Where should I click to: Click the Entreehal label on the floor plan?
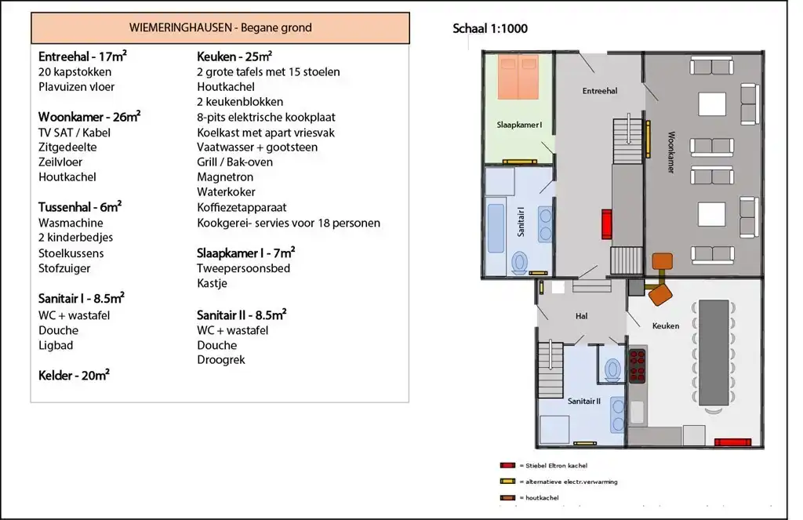click(600, 91)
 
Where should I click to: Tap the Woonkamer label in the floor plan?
click(671, 152)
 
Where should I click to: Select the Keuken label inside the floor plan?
click(666, 325)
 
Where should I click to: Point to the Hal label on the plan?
click(581, 316)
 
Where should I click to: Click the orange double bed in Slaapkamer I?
click(518, 77)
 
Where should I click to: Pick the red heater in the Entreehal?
click(606, 224)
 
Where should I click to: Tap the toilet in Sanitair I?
click(520, 263)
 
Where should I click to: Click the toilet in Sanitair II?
click(612, 370)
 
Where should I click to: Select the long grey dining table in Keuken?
click(714, 352)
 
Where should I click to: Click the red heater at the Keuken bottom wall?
click(732, 442)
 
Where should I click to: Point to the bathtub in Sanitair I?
click(496, 228)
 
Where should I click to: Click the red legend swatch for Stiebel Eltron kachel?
click(507, 466)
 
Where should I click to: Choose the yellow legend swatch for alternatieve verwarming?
click(507, 482)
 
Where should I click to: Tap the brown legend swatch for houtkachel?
click(507, 497)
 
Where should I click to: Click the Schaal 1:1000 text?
click(489, 29)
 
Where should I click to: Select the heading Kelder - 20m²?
click(74, 375)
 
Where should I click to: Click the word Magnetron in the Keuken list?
click(225, 177)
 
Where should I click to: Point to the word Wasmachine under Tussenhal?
click(71, 223)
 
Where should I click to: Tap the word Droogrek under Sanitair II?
click(220, 360)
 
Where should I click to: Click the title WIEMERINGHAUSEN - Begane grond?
click(220, 27)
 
